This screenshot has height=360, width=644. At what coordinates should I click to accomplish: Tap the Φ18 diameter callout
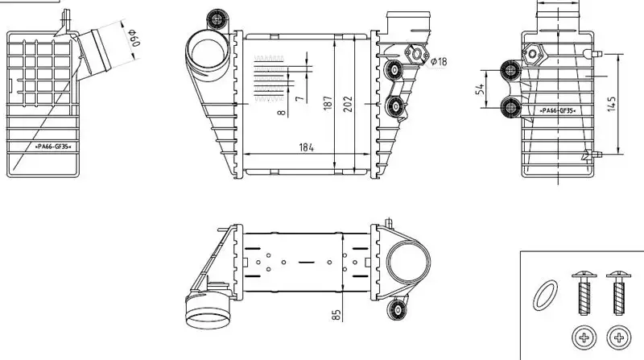click(x=439, y=62)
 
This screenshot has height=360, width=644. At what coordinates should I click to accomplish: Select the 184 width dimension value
click(x=307, y=147)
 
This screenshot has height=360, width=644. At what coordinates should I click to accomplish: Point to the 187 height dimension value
click(x=328, y=103)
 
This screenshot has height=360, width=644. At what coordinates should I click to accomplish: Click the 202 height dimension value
click(x=348, y=104)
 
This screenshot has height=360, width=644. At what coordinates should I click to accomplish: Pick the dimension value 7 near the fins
click(x=300, y=98)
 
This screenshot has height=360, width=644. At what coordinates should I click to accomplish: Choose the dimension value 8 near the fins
click(x=281, y=112)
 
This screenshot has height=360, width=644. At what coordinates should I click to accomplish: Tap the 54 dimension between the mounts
click(x=480, y=89)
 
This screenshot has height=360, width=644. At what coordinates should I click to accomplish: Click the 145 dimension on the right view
click(x=611, y=104)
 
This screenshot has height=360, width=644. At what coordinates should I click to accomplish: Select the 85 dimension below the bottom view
click(x=336, y=315)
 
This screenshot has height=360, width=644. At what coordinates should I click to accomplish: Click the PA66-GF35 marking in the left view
click(x=53, y=147)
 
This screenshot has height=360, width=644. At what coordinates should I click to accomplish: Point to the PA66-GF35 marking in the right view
click(x=557, y=110)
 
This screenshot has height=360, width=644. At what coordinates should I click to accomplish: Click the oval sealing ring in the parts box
click(x=546, y=295)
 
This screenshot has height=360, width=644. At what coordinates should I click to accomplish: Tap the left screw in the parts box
click(x=584, y=293)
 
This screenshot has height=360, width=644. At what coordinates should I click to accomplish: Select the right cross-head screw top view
click(x=619, y=337)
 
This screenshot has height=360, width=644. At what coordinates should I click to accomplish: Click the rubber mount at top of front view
click(x=217, y=19)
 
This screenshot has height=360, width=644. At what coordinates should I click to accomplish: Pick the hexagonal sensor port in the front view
click(x=417, y=54)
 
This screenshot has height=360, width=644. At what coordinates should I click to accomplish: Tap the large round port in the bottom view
click(x=407, y=263)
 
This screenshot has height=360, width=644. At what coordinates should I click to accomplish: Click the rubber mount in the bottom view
click(x=397, y=309)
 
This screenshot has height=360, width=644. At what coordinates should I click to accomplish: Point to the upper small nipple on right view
click(x=592, y=53)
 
